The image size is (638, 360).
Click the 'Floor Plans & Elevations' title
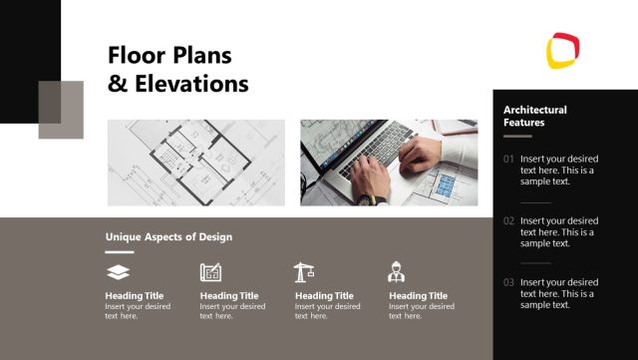pos(177,69)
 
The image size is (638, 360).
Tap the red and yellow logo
pos(563,50)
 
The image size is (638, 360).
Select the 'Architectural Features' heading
pos(534,116)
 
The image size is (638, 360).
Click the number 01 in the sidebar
pos(508,160)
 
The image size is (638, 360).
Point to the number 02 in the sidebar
pos(508,220)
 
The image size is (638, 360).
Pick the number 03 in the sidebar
pos(508,282)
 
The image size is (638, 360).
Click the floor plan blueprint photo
pos(195,163)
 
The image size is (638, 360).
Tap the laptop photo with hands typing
pos(389,163)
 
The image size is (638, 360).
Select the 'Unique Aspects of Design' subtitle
pos(168,237)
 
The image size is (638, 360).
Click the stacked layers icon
pos(118,271)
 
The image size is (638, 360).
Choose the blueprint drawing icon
pos(210,271)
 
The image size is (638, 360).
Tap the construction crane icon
pos(304,271)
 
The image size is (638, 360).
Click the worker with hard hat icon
pos(396,271)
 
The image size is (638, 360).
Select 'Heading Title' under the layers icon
pos(134,295)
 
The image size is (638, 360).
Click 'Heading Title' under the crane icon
pos(324,295)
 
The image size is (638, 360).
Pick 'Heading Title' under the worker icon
pos(418,295)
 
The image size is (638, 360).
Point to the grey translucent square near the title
pos(61,110)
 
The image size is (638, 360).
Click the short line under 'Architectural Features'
pos(517,136)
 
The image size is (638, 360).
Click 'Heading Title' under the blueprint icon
pos(228,295)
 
